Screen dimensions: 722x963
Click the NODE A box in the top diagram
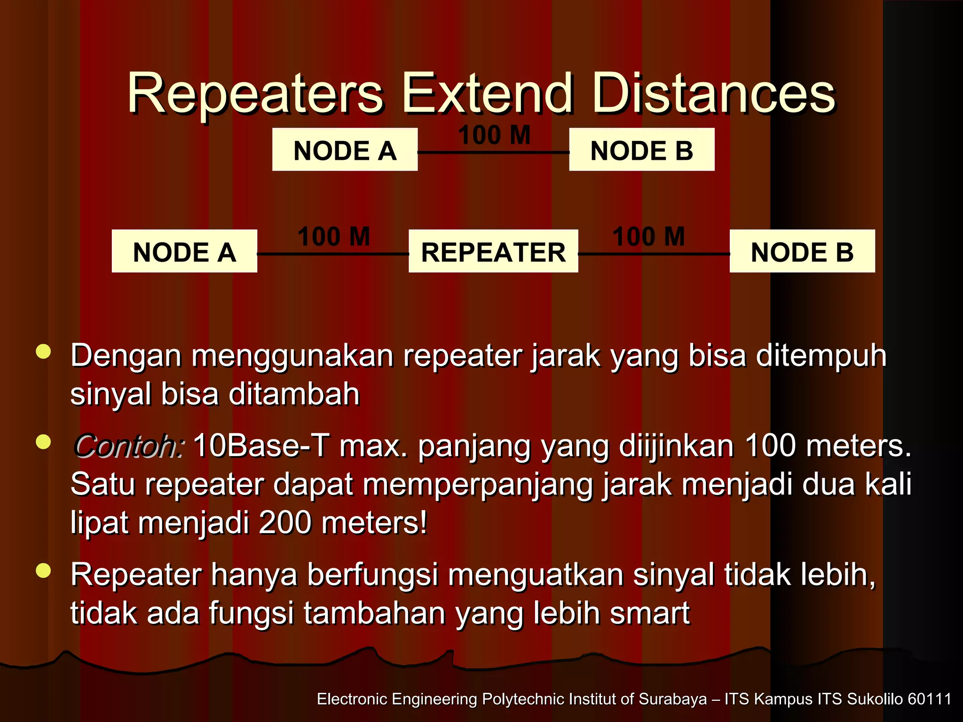345,149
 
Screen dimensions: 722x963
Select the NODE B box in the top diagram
641,149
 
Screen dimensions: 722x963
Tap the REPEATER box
493,251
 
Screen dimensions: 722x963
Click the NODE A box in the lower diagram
184,251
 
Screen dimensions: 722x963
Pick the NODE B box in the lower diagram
802,251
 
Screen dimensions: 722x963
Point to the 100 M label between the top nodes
494,135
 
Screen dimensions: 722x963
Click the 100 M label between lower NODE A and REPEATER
333,236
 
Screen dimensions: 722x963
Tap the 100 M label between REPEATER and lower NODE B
648,236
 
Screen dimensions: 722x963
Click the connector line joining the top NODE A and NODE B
493,152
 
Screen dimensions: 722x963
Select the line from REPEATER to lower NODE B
654,254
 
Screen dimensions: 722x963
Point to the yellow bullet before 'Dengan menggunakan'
43,352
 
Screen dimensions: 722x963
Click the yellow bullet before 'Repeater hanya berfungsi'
43,571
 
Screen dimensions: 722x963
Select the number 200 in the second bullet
285,522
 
